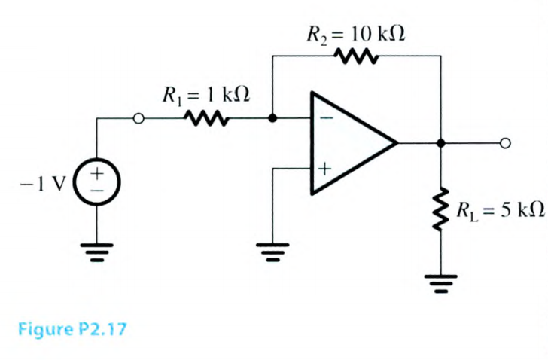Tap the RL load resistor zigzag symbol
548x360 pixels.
(441, 209)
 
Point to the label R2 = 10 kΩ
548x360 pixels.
(353, 34)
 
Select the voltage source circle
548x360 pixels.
(97, 183)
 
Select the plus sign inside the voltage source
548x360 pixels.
(97, 175)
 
